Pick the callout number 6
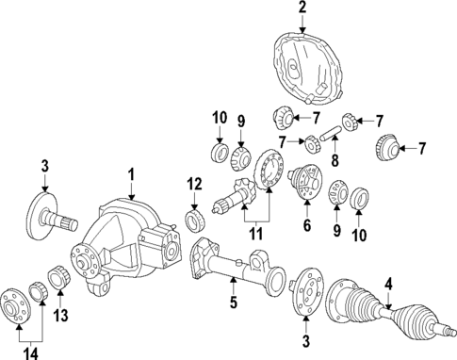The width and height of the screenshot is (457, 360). [x=307, y=227]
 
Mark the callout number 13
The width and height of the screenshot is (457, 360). [x=61, y=315]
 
